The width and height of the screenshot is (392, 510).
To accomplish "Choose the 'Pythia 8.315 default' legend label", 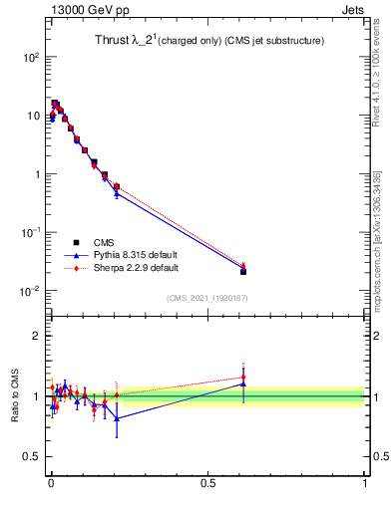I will pyautogui.click(x=136, y=255).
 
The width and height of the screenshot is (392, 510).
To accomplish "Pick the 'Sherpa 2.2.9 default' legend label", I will pyautogui.click(x=137, y=268).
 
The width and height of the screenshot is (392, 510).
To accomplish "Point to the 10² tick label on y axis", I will pyautogui.click(x=29, y=57).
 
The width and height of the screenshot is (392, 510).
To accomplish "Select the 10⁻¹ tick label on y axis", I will pyautogui.click(x=29, y=232).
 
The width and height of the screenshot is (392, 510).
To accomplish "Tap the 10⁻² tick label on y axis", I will pyautogui.click(x=29, y=291).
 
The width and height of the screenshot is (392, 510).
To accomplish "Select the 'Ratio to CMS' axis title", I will pyautogui.click(x=14, y=396).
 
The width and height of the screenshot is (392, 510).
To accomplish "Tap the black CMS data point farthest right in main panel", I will pyautogui.click(x=243, y=271).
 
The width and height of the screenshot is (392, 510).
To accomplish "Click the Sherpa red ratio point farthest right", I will pyautogui.click(x=243, y=378).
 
